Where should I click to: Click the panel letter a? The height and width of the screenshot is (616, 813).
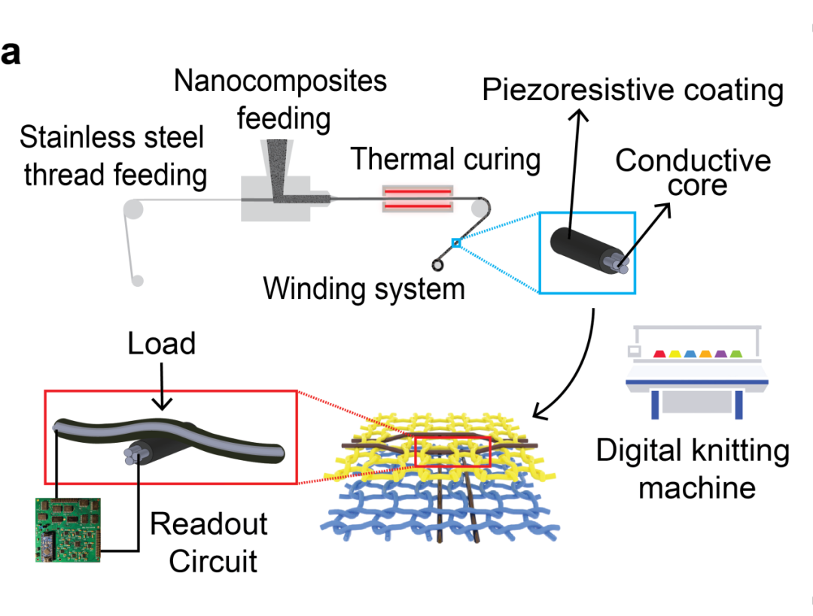[x=10, y=54]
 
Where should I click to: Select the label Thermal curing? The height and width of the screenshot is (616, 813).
[x=446, y=160]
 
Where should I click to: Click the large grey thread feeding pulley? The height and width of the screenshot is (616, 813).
[x=135, y=210]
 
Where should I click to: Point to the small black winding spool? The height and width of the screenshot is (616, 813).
[x=437, y=264]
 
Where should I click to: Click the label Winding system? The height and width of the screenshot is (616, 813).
[x=364, y=288]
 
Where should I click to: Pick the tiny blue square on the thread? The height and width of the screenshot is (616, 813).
[x=455, y=242]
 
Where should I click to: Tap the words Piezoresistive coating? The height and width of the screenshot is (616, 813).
[x=632, y=91]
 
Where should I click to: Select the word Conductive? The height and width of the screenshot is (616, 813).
[x=693, y=160]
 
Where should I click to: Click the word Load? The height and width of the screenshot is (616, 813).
[x=162, y=344]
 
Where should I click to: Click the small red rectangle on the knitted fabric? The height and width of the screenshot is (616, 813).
[x=452, y=450]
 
